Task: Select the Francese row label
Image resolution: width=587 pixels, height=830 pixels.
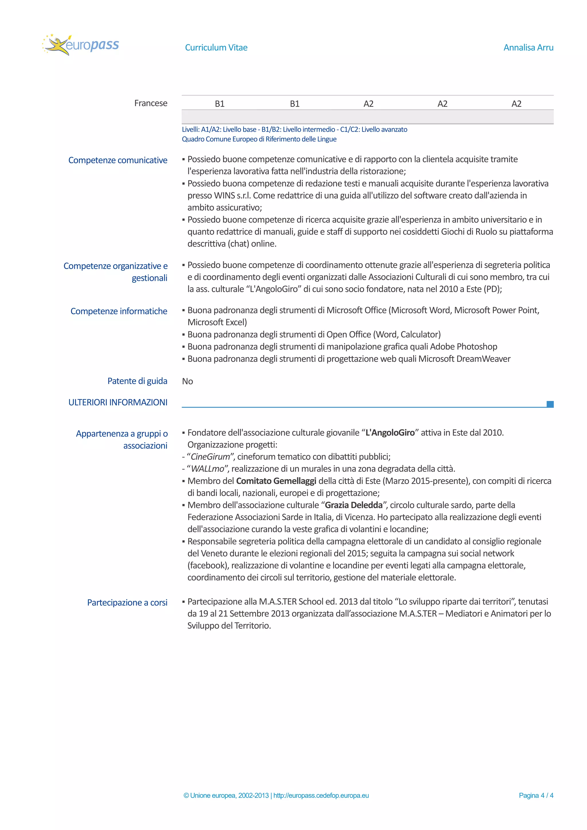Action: click(150, 103)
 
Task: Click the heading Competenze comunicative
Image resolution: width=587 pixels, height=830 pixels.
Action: click(118, 160)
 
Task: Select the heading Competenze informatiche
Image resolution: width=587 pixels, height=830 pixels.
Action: click(119, 311)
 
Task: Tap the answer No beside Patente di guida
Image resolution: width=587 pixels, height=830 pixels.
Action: click(187, 381)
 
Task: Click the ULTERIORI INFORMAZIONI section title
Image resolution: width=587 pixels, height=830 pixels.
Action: click(118, 402)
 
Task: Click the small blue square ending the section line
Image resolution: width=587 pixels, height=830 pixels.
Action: click(550, 404)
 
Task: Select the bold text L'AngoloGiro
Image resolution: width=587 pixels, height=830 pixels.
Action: click(390, 433)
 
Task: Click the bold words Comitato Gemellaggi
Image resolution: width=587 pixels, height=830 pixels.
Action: click(276, 481)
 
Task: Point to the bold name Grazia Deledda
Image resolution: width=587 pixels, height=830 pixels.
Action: click(353, 505)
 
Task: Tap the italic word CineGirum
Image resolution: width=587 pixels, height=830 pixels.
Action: click(210, 457)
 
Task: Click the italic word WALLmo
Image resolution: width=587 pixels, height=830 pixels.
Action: click(207, 469)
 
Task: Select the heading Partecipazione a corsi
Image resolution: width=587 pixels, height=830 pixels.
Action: click(127, 603)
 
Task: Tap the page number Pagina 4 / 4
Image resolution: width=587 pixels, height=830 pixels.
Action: click(536, 795)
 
